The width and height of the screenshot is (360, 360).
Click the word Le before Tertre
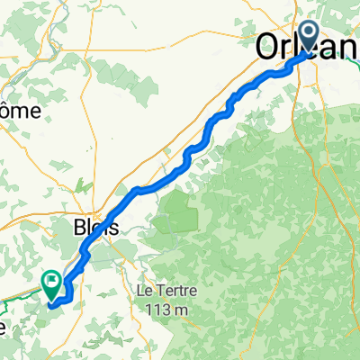tap(143, 292)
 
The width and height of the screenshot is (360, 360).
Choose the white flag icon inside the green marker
tap(52, 282)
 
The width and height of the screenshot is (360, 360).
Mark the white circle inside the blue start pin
tap(309, 34)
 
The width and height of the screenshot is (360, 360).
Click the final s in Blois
tap(113, 229)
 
